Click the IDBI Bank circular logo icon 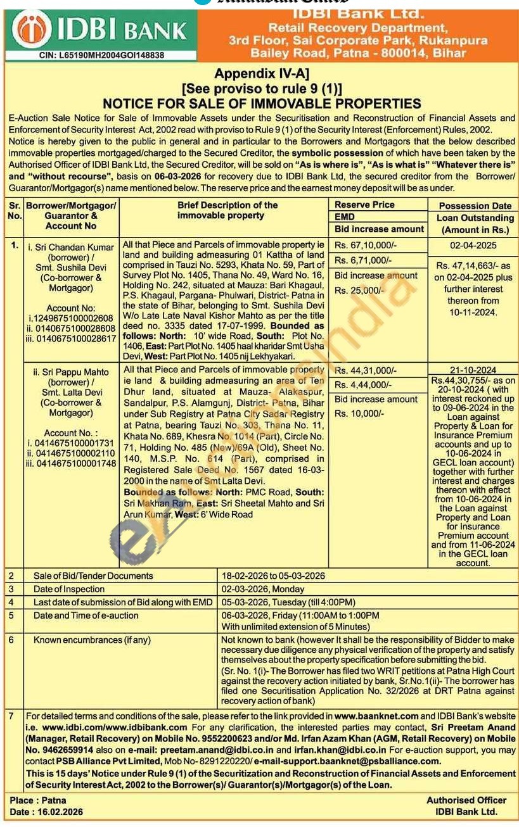point(32,30)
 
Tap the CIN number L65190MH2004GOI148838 point(105,56)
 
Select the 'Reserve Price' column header point(364,205)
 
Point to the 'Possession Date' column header point(475,206)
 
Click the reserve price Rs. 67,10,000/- point(365,245)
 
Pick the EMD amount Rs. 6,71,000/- point(363,260)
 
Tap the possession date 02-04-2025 point(473,245)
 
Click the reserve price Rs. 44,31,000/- point(365,370)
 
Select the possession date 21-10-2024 point(473,370)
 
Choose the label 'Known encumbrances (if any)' point(92,640)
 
